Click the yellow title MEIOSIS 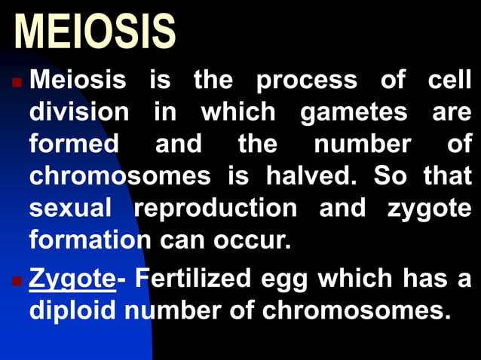95,32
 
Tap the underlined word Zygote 72,279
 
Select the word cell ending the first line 448,80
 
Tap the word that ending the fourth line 448,177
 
